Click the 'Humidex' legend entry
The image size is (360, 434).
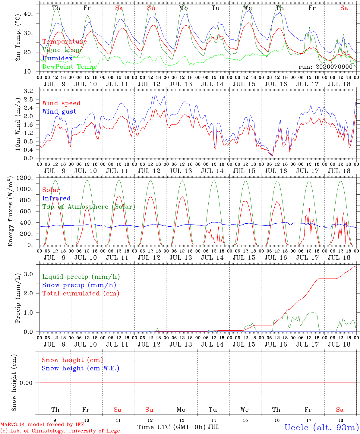pyautogui.click(x=57, y=58)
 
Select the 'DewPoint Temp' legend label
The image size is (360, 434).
pyautogui.click(x=69, y=67)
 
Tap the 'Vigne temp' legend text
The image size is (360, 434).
pyautogui.click(x=62, y=50)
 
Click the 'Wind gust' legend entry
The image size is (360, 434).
pyautogui.click(x=59, y=112)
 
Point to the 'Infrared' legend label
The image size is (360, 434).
pyautogui.click(x=56, y=198)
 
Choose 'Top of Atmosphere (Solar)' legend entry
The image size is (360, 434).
pyautogui.click(x=89, y=207)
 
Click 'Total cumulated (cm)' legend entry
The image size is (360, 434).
pyautogui.click(x=81, y=294)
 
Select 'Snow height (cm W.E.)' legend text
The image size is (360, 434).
pyautogui.click(x=81, y=368)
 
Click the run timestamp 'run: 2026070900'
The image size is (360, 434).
pyautogui.click(x=325, y=67)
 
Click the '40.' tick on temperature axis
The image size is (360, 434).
pyautogui.click(x=28, y=14)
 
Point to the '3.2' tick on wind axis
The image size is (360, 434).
pyautogui.click(x=28, y=91)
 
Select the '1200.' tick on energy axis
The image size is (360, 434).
pyautogui.click(x=25, y=178)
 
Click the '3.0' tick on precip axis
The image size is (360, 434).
pyautogui.click(x=28, y=274)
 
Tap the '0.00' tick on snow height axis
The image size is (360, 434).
pyautogui.click(x=26, y=383)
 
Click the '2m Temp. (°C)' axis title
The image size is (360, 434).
pyautogui.click(x=18, y=38)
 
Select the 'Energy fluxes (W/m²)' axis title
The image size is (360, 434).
pyautogui.click(x=10, y=211)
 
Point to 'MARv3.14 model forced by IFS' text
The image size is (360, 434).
pyautogui.click(x=42, y=424)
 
